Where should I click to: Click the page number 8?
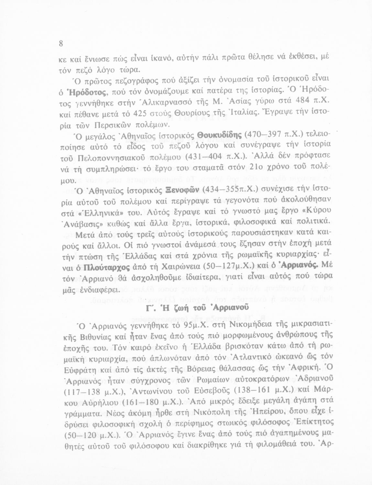(61, 44)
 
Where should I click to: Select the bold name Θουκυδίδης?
(220, 134)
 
